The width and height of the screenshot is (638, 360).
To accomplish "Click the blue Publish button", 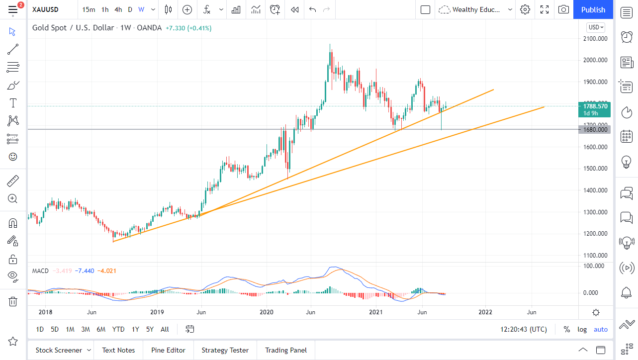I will (x=593, y=9).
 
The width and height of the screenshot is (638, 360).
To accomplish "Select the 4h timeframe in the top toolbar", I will (x=118, y=9).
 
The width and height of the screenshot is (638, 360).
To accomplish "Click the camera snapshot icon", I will (x=563, y=9).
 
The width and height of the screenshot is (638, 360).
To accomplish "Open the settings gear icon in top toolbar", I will (x=525, y=9).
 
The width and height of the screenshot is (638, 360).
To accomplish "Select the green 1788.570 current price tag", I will (x=596, y=106).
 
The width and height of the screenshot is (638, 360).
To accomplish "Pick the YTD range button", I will (x=118, y=329).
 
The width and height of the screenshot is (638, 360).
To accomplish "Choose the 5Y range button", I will (x=150, y=329).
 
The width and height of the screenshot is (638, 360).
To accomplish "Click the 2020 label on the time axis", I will (x=267, y=312).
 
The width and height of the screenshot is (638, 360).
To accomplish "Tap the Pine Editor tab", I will (x=168, y=350).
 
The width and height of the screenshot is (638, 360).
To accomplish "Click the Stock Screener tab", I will (x=58, y=350).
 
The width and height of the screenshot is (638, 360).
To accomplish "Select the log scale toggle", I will (x=582, y=329).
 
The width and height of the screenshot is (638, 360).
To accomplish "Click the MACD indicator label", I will (x=40, y=271).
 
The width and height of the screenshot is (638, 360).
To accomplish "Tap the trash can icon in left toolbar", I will (x=13, y=301).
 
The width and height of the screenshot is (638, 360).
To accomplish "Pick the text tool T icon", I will (x=13, y=103).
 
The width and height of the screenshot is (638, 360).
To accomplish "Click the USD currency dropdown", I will (x=596, y=27).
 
